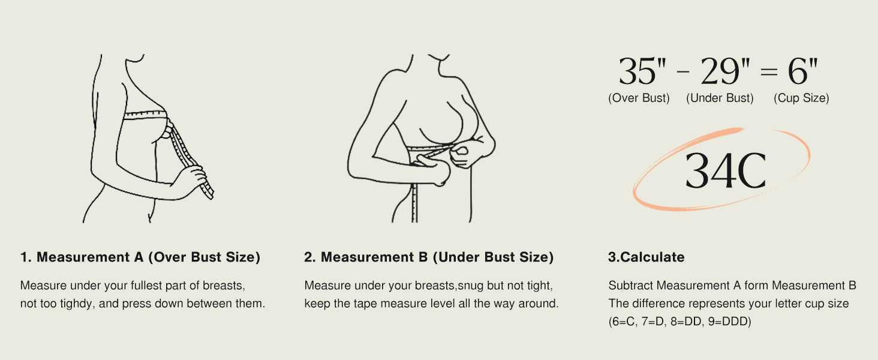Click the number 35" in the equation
pyautogui.click(x=642, y=71)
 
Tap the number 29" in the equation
pyautogui.click(x=725, y=71)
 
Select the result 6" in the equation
pyautogui.click(x=803, y=71)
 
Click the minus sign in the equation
pyautogui.click(x=683, y=72)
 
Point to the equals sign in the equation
pyautogui.click(x=769, y=71)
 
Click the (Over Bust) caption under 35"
pyautogui.click(x=639, y=98)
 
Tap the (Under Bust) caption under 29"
pyautogui.click(x=720, y=98)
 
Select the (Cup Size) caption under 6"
pyautogui.click(x=801, y=98)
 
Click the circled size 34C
pyautogui.click(x=726, y=171)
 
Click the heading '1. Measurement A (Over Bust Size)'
pyautogui.click(x=140, y=257)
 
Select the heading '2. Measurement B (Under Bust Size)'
pyautogui.click(x=429, y=257)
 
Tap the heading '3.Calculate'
pyautogui.click(x=647, y=257)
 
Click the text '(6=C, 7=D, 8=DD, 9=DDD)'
pyautogui.click(x=679, y=322)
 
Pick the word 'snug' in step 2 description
pyautogui.click(x=470, y=286)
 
